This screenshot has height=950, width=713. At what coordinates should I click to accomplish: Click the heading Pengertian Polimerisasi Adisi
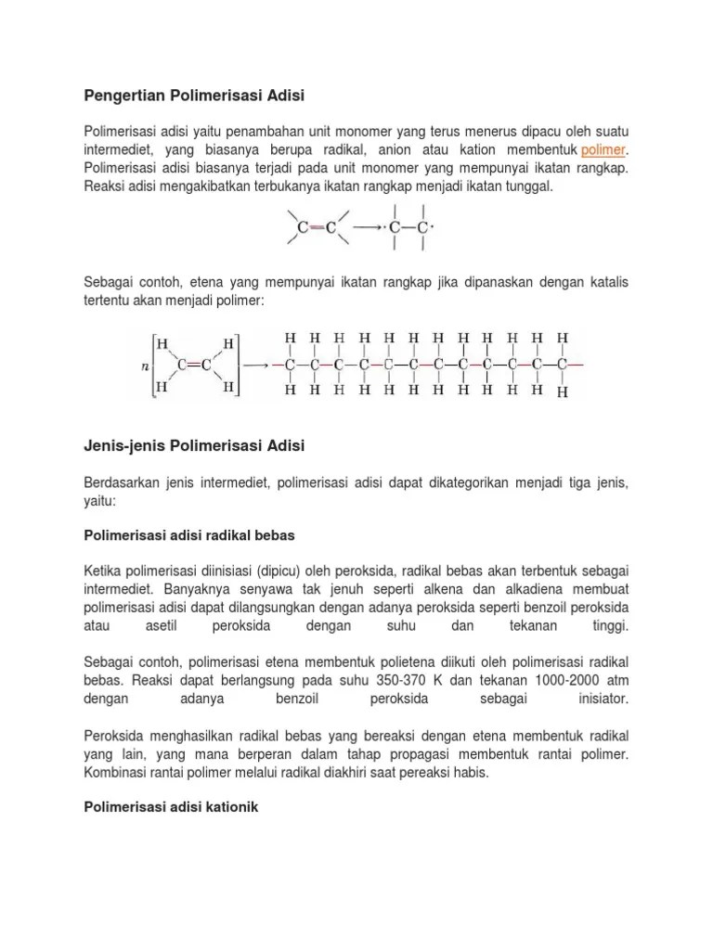[x=194, y=95]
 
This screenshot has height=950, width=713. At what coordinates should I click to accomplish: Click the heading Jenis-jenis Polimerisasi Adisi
[x=194, y=446]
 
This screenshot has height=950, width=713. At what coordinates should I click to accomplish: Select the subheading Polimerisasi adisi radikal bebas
[x=189, y=535]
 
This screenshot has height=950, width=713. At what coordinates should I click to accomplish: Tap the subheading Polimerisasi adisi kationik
[x=170, y=808]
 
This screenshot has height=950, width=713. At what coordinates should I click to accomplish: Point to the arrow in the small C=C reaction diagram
[x=368, y=226]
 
